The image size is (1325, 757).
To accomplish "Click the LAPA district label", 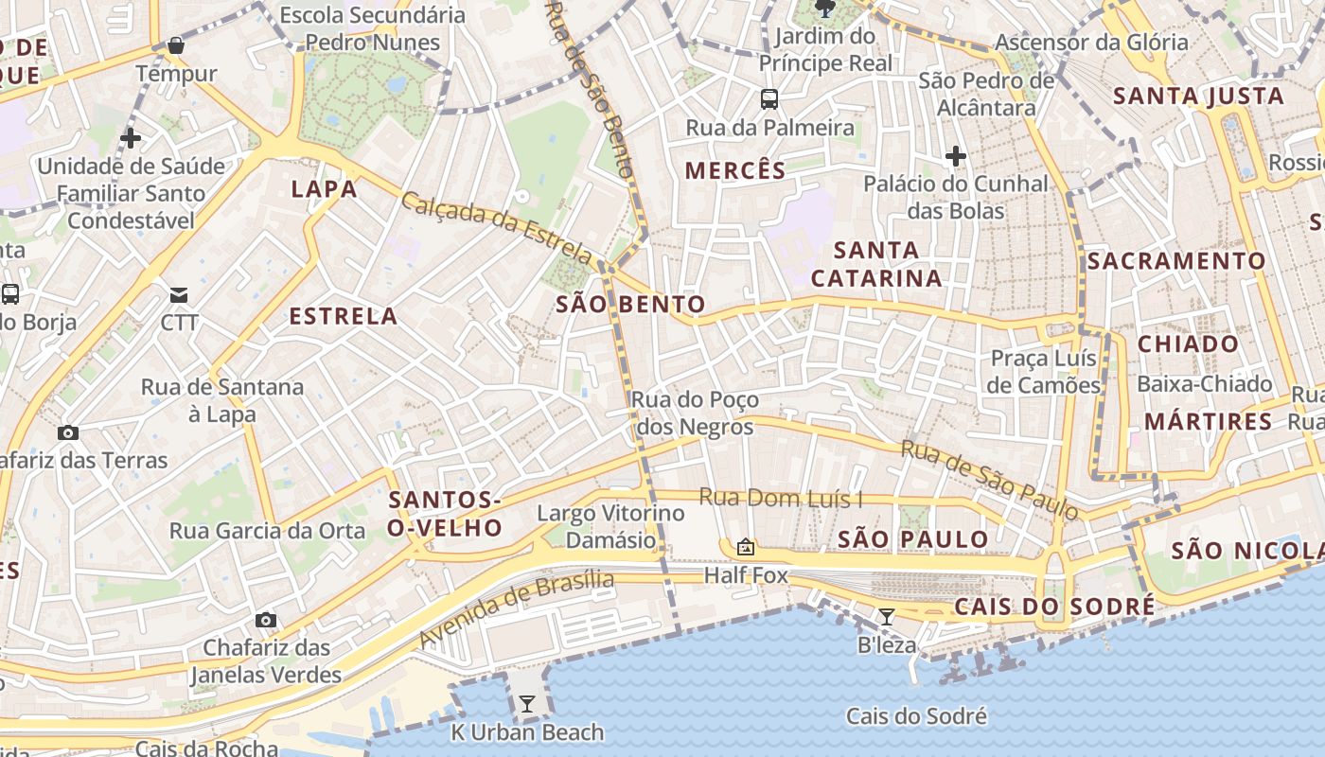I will [324, 188].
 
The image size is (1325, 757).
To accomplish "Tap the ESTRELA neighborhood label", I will [343, 316].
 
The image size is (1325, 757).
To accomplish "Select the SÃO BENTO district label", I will [630, 304].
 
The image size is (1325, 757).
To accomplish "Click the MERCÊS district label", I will [735, 170].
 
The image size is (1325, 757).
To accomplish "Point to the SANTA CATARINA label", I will [876, 264].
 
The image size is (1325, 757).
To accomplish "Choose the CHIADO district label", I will [1188, 343].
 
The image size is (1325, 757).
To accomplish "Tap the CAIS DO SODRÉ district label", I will [1054, 607].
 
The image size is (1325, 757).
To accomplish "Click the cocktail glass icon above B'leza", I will [887, 617].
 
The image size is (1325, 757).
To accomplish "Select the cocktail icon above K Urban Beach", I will [526, 703].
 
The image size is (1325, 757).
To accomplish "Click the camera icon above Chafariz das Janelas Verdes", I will [266, 620].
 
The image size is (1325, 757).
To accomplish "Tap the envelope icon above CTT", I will [179, 294].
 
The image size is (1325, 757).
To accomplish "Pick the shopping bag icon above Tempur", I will [175, 44].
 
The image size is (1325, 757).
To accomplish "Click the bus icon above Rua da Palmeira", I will [769, 98].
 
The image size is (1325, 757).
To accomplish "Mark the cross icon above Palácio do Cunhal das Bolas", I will [956, 155].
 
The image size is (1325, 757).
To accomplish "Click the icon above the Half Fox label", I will [746, 547].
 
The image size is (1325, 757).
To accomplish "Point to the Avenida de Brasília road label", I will [516, 609].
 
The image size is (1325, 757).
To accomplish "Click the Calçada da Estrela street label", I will [497, 227].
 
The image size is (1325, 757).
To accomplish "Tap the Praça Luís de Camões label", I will [1044, 372].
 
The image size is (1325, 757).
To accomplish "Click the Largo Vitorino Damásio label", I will [610, 527].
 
